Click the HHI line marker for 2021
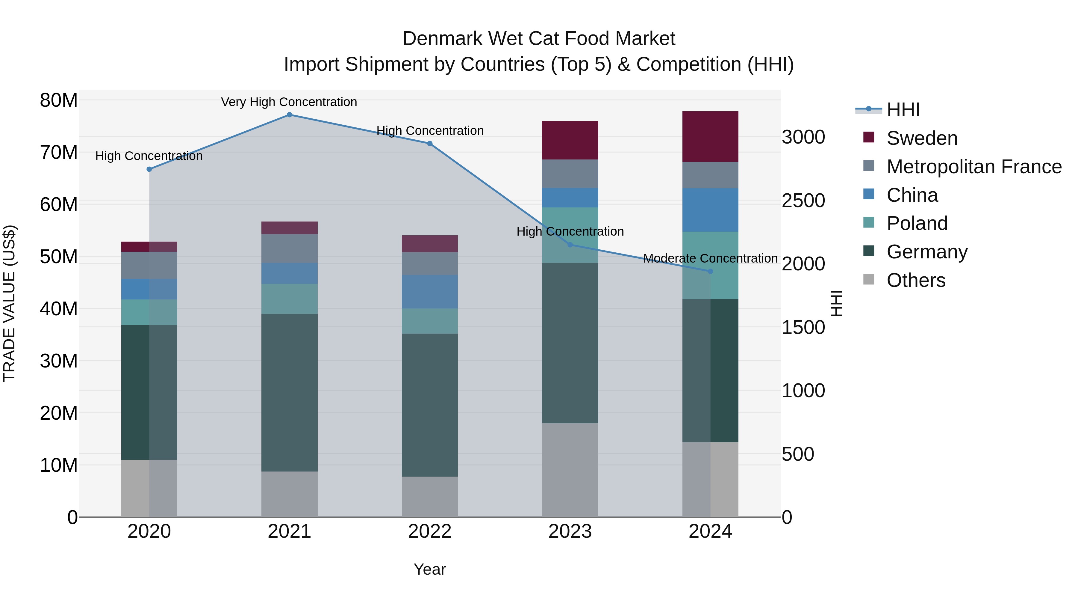pyautogui.click(x=289, y=115)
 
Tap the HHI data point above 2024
pyautogui.click(x=710, y=272)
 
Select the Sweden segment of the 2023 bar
pyautogui.click(x=570, y=140)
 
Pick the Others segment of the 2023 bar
pyautogui.click(x=570, y=470)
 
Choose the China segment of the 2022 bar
pyautogui.click(x=430, y=292)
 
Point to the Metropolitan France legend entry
pyautogui.click(x=974, y=167)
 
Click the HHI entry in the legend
pyautogui.click(x=903, y=110)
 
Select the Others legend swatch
pyautogui.click(x=869, y=279)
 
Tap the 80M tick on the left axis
pyautogui.click(x=59, y=100)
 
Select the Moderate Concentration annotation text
pyautogui.click(x=710, y=258)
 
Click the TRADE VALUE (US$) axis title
pyautogui.click(x=9, y=303)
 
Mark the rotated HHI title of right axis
pyautogui.click(x=836, y=303)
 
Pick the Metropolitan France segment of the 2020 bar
pyautogui.click(x=149, y=265)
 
